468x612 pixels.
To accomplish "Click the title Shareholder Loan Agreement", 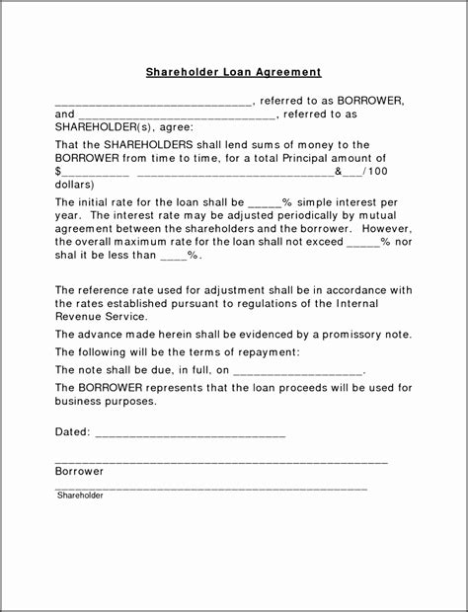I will click(234, 72).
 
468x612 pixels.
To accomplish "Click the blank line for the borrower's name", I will click(153, 103).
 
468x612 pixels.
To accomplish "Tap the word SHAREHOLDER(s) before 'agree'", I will click(97, 128).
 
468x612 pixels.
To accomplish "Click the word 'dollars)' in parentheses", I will click(75, 185).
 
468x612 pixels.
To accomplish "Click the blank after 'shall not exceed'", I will click(363, 243).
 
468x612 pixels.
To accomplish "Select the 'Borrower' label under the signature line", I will click(79, 472).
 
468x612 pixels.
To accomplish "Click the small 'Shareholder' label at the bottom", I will click(80, 496).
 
